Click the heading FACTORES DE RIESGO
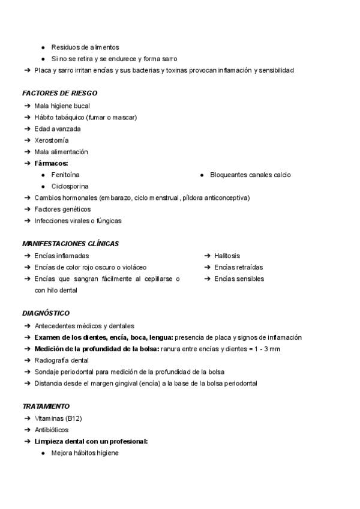tap(59, 94)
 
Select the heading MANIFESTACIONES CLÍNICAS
tap(70, 244)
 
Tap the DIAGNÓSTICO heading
tap(46, 313)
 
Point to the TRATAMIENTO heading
tap(46, 406)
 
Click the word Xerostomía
tap(52, 140)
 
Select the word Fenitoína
tap(65, 175)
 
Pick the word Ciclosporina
tap(70, 187)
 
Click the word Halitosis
tap(227, 256)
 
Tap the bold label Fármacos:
tap(52, 163)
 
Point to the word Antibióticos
tap(52, 430)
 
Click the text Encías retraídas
tap(238, 267)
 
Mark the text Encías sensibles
tap(239, 279)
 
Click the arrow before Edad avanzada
tap(28, 129)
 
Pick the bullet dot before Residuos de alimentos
tap(43, 47)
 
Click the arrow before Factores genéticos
tap(28, 209)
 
